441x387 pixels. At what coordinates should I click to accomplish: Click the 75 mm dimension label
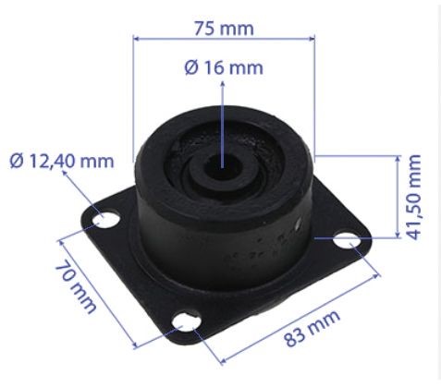224,29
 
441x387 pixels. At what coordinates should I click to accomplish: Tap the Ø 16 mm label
224,67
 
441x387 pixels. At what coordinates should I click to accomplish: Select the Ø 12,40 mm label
62,161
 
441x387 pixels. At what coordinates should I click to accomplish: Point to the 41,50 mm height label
414,197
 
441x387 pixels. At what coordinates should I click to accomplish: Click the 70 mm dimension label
76,286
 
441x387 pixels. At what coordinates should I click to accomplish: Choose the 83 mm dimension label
312,328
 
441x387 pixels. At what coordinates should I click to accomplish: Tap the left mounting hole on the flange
106,220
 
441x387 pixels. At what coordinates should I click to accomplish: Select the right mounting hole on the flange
347,240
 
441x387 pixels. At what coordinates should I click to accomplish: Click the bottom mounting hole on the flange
187,322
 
